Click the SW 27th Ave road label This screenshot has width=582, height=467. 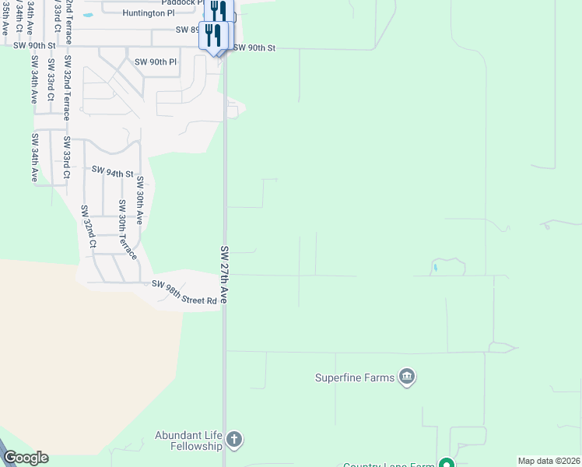tap(224, 275)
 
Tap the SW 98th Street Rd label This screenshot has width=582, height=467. tap(184, 292)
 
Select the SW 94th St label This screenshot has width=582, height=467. tap(113, 172)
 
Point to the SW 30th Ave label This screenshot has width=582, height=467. tap(140, 201)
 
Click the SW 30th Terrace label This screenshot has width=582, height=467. tap(126, 230)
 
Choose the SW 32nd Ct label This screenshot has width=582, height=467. tap(88, 227)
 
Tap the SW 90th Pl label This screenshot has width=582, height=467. tap(156, 61)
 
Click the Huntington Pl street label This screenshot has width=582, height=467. tap(149, 13)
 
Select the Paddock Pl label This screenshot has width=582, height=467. tap(177, 2)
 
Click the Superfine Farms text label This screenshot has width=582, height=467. tap(355, 378)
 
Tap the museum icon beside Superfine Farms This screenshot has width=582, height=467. tap(407, 378)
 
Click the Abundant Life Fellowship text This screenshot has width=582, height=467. tap(189, 441)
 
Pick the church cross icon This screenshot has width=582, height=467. tap(234, 441)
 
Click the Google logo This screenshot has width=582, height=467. tap(26, 458)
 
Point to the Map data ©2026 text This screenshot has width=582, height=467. tap(549, 461)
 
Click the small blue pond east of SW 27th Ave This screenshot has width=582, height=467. tap(436, 268)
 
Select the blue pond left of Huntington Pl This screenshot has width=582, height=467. tap(87, 15)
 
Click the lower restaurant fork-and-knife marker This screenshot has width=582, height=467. tap(212, 35)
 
